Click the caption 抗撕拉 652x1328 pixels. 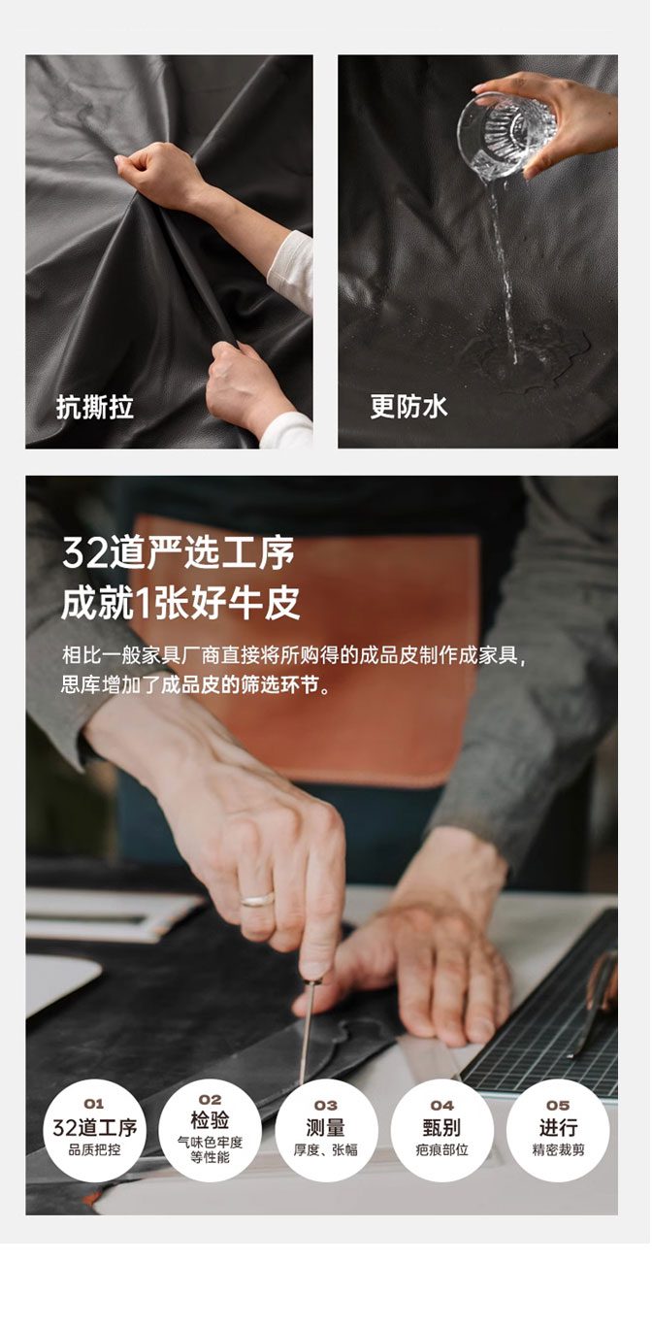pyautogui.click(x=95, y=408)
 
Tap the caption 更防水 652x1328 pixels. pyautogui.click(x=409, y=407)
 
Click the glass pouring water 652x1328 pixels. pyautogui.click(x=506, y=135)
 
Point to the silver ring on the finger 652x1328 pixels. pyautogui.click(x=257, y=899)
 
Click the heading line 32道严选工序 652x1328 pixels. pyautogui.click(x=179, y=553)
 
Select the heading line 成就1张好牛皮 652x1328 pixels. pyautogui.click(x=180, y=603)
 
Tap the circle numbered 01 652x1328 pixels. pyautogui.click(x=94, y=1131)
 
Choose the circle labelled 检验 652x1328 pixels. pyautogui.click(x=211, y=1131)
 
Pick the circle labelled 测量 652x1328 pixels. pyautogui.click(x=326, y=1131)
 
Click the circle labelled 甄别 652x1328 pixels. pyautogui.click(x=442, y=1131)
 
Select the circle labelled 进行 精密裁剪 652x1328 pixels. pyautogui.click(x=558, y=1131)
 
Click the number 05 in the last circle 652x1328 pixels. pyautogui.click(x=558, y=1105)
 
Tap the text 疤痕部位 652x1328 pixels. pyautogui.click(x=442, y=1150)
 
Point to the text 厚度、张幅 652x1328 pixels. pyautogui.click(x=326, y=1150)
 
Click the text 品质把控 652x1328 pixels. pyautogui.click(x=94, y=1150)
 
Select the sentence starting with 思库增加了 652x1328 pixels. pyautogui.click(x=196, y=686)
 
